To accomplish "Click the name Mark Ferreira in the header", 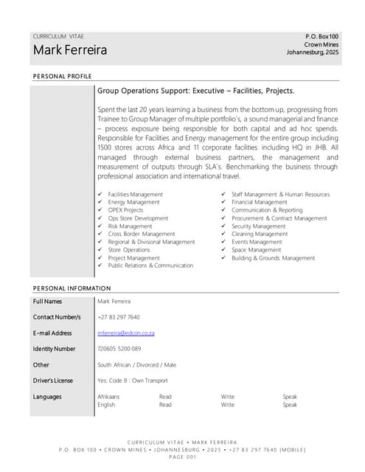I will point(70,51).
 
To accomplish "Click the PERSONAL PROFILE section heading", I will point(63,77).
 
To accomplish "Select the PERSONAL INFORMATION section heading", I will point(72,287).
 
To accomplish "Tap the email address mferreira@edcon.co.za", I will point(126,333).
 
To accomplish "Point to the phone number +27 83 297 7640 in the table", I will point(119,317).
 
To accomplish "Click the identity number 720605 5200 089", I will point(119,349).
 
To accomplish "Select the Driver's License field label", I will point(53,381).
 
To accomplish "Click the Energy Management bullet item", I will point(133,202).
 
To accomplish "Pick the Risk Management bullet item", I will point(131,226).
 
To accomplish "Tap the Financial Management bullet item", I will point(259,202).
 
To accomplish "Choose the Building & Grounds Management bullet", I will point(273,258).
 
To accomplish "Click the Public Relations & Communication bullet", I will point(150,265).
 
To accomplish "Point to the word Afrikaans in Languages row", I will point(108,397).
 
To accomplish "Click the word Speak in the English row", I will point(290,405).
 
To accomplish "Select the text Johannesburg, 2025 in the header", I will point(313,52).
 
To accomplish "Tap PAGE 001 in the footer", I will point(182,457).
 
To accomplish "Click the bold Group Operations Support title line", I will point(196,91).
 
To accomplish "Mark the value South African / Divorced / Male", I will point(137,365).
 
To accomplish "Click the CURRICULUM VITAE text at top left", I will point(59,36).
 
